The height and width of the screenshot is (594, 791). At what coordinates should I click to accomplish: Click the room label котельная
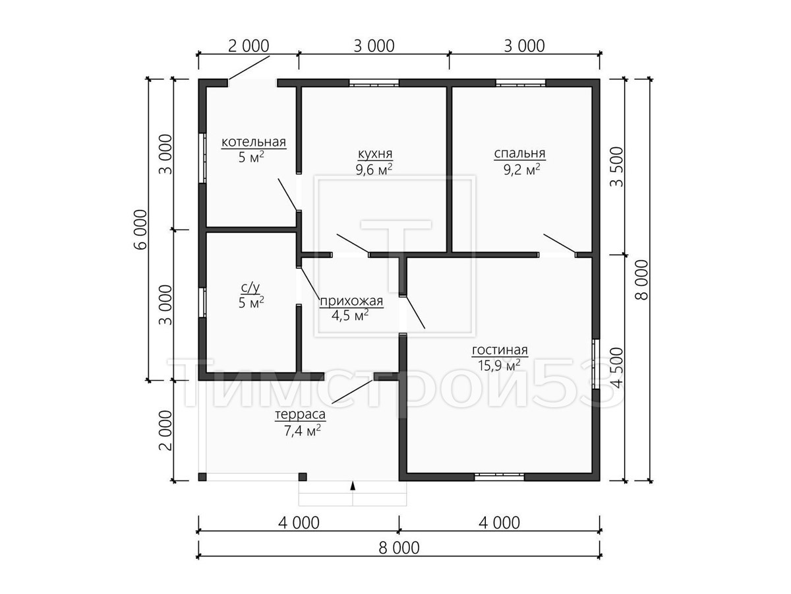(x=253, y=142)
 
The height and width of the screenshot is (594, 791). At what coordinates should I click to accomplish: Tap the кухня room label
(x=375, y=154)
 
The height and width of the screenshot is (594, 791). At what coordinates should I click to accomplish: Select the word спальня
(x=519, y=154)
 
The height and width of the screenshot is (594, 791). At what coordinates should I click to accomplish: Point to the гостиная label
(x=500, y=350)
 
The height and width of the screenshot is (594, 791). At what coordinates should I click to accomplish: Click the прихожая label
(x=351, y=301)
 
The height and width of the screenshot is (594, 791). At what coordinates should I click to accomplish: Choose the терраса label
(x=300, y=414)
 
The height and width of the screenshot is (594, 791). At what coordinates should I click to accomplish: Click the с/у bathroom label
(x=250, y=288)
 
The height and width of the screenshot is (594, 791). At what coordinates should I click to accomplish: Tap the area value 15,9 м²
(x=499, y=366)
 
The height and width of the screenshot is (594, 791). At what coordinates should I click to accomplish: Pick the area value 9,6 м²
(x=374, y=170)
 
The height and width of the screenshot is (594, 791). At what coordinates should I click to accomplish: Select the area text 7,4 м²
(x=303, y=430)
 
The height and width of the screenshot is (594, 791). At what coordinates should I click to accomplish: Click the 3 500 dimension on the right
(x=616, y=166)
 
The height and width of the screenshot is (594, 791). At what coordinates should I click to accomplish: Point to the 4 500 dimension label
(x=616, y=368)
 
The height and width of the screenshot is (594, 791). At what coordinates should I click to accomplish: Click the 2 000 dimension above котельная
(x=249, y=46)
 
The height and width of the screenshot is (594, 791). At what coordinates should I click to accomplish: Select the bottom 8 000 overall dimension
(x=399, y=548)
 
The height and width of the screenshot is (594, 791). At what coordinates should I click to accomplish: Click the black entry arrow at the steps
(x=353, y=486)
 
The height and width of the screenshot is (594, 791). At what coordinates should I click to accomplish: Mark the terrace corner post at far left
(x=202, y=477)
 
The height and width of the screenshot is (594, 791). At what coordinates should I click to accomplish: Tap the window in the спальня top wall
(x=521, y=83)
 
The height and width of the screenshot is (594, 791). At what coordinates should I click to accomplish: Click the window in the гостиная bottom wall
(x=499, y=477)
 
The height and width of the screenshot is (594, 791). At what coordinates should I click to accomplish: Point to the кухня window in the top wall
(x=374, y=83)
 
